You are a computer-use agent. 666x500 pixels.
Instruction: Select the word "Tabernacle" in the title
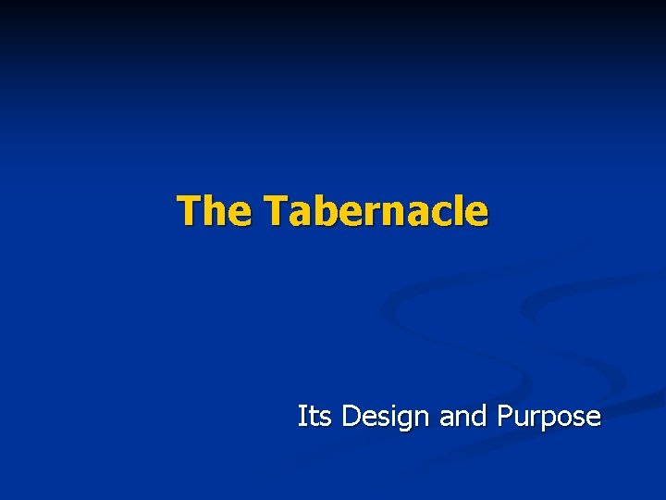point(376,210)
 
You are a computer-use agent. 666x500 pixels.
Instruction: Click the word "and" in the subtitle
point(464,417)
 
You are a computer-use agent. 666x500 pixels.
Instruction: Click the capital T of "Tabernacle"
point(275,210)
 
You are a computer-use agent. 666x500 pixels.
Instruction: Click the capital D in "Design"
point(351,417)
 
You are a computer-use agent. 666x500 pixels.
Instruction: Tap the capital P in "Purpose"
point(505,417)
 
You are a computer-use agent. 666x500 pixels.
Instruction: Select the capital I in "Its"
point(302,417)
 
